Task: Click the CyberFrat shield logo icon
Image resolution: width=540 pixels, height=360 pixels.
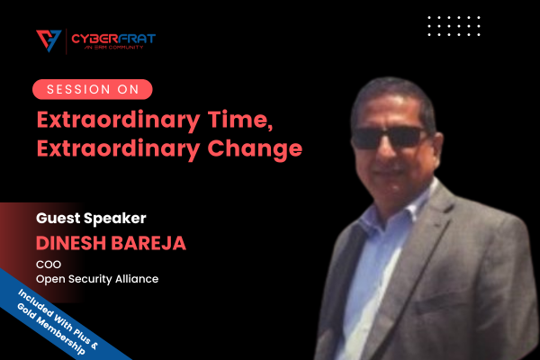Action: [49, 40]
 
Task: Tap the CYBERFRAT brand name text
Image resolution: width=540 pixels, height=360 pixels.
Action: [113, 38]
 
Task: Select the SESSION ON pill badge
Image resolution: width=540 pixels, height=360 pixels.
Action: [93, 89]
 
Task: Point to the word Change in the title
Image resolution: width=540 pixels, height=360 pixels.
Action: [255, 149]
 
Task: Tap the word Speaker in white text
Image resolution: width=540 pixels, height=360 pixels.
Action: [115, 219]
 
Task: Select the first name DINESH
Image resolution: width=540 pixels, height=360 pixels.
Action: [71, 243]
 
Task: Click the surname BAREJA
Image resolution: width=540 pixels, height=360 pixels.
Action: [148, 243]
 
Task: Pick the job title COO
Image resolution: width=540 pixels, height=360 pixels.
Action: [49, 265]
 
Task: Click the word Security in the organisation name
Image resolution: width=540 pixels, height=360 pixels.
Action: [90, 279]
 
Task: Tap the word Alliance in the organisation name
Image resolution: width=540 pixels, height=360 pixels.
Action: [137, 279]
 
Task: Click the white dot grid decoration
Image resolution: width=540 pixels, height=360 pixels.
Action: [454, 25]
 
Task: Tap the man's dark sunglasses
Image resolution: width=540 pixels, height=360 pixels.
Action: [389, 138]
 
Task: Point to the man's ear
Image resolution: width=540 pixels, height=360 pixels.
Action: [436, 148]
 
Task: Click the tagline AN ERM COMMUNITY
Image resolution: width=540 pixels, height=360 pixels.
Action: [113, 47]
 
